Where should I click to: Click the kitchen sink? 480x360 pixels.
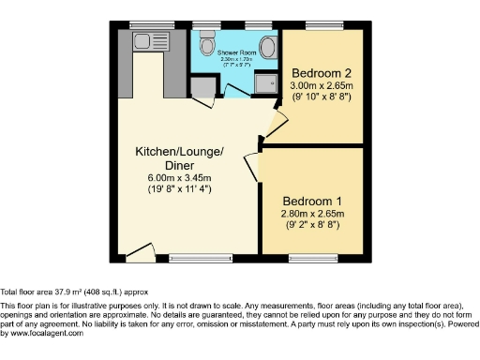pyautogui.click(x=143, y=40)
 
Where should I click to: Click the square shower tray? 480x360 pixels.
pyautogui.click(x=264, y=85)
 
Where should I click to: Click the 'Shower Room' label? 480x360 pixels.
pyautogui.click(x=236, y=52)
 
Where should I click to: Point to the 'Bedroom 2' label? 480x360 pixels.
pyautogui.click(x=321, y=73)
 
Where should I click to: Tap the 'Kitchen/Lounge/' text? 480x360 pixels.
pyautogui.click(x=179, y=152)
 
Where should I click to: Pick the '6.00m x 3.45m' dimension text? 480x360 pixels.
pyautogui.click(x=179, y=178)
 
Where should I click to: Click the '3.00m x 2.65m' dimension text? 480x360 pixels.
pyautogui.click(x=321, y=85)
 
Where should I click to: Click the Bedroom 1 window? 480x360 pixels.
pyautogui.click(x=318, y=256)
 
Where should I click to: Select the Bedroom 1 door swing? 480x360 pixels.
pyautogui.click(x=253, y=162)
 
